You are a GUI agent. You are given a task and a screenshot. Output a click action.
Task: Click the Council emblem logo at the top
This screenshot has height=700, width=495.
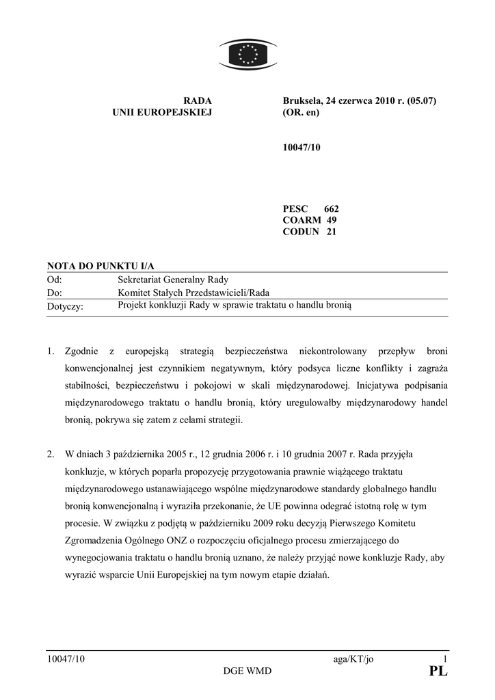coord(247,54)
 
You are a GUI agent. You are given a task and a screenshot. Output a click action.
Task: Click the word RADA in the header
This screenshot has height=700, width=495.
coord(198,101)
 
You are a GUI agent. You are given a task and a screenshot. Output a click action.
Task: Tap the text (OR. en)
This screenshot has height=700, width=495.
coord(301,113)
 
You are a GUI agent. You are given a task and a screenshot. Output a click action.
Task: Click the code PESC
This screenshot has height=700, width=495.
coord(295,208)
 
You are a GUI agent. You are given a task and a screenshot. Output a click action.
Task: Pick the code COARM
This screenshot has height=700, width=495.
coord(302,220)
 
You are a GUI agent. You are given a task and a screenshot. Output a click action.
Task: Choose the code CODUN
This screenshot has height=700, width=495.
coord(301,232)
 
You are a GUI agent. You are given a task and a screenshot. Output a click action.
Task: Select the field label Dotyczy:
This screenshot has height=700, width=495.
coord(65,307)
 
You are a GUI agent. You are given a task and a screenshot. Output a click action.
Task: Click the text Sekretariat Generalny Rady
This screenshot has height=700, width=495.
coord(173,280)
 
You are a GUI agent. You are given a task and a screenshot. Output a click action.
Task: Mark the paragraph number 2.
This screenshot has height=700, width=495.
coord(50,455)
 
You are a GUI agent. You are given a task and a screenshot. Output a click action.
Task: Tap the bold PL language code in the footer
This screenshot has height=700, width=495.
coord(438,672)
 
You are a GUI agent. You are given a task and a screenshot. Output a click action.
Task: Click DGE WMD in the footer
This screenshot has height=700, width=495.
coord(247,671)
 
